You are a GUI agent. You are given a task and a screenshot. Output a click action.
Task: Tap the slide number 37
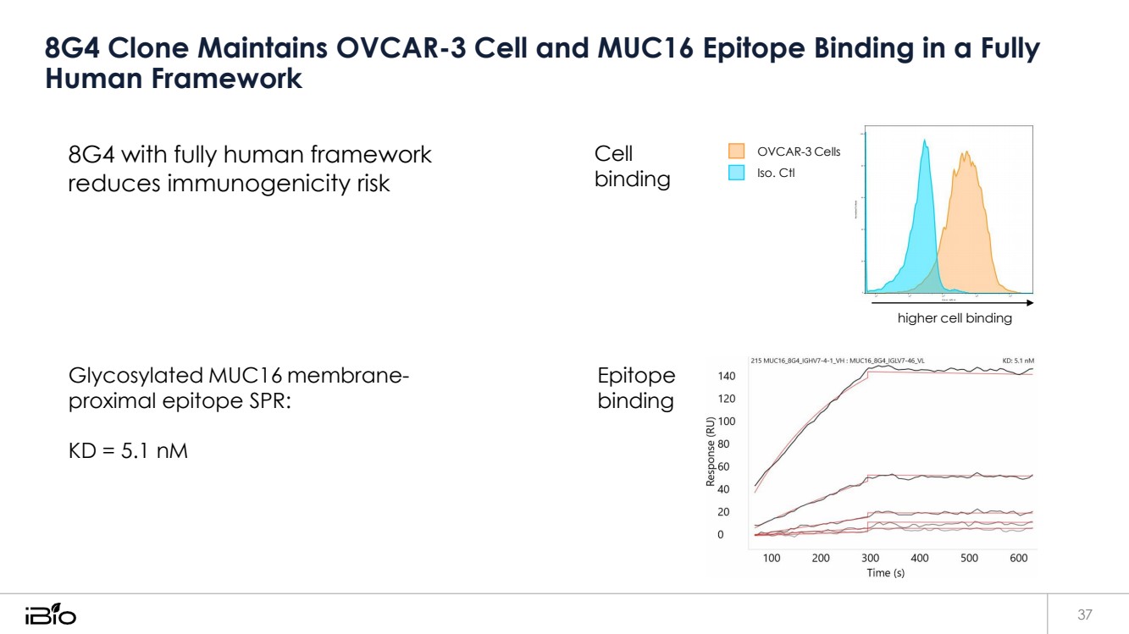(1085, 614)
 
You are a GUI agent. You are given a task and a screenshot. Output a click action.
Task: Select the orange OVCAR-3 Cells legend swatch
(736, 152)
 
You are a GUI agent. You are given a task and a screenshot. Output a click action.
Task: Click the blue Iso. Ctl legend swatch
(736, 173)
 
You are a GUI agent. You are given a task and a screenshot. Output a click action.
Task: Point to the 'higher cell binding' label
(955, 319)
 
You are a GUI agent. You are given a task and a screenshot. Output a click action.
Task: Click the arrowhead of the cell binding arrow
(1029, 302)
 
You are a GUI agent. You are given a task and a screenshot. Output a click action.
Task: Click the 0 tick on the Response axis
(720, 535)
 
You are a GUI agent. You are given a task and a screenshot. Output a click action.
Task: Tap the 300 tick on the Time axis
(870, 558)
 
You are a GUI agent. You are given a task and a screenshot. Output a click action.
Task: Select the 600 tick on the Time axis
(1019, 558)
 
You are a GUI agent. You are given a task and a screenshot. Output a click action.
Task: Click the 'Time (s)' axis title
(885, 573)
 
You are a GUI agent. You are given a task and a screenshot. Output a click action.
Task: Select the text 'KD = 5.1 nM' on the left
(128, 450)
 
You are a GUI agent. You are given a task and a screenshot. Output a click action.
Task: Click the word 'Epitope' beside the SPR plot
(636, 376)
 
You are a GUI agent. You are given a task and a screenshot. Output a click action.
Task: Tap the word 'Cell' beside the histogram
(614, 154)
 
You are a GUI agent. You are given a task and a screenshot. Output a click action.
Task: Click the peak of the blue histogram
(925, 141)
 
